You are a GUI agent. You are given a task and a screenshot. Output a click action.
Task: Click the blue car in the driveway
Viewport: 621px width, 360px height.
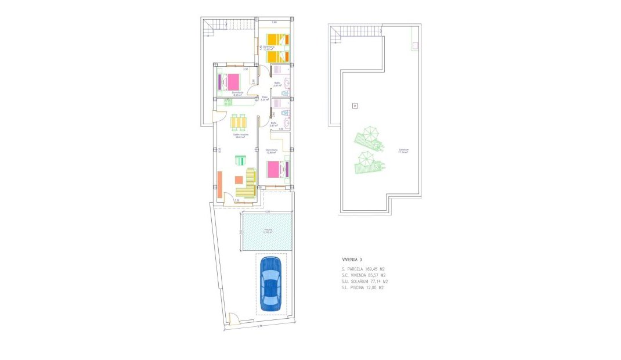(x=270, y=284)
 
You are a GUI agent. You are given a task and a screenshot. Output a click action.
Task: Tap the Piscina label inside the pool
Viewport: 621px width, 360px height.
(x=268, y=231)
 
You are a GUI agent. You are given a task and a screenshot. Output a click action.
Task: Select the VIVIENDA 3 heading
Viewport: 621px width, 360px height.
(x=352, y=259)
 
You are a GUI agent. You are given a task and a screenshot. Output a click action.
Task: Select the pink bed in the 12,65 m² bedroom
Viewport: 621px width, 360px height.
(x=277, y=169)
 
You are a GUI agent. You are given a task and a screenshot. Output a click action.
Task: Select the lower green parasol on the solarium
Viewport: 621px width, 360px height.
(x=367, y=161)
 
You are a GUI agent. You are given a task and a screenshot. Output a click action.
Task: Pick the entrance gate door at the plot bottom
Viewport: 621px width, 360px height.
(x=234, y=319)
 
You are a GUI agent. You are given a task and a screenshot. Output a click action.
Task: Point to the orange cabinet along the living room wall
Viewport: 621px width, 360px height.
(x=220, y=185)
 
